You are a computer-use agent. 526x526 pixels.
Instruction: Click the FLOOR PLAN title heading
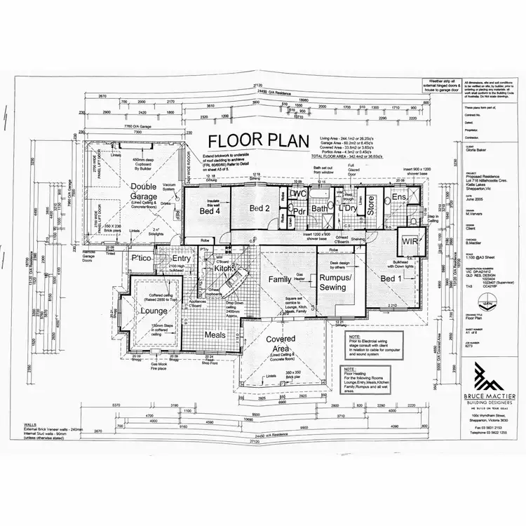254,140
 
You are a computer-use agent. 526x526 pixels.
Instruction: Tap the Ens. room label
400,198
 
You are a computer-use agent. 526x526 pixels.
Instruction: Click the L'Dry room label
348,209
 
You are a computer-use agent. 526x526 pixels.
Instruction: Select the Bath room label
321,209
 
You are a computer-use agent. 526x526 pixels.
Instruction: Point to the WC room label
299,194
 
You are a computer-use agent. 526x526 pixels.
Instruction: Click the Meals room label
215,335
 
